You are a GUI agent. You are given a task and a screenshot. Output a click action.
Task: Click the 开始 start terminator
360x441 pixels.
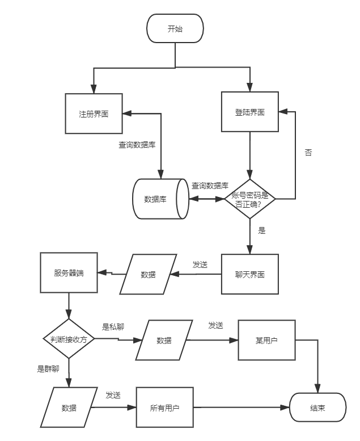coord(175,29)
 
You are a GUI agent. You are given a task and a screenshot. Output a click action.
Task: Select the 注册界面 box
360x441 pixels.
coord(94,114)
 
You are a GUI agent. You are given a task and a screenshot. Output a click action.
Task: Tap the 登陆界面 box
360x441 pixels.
coord(250,112)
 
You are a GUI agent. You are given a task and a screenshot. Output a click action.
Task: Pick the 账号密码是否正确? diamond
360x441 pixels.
coord(250,199)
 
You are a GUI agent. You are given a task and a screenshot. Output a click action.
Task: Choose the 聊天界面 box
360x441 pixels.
coord(250,275)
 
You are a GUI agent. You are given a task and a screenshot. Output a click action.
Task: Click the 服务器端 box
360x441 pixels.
coord(69,273)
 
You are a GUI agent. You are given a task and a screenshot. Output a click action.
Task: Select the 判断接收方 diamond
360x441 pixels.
coord(69,339)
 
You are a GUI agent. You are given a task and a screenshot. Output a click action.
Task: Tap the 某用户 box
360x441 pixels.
coord(266,341)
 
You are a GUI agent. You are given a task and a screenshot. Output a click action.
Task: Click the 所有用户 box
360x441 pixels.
coord(164,408)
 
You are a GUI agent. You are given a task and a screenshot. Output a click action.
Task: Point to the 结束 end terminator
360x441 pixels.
coord(317,408)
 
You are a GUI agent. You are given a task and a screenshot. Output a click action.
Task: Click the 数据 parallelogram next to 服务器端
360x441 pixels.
coord(147,275)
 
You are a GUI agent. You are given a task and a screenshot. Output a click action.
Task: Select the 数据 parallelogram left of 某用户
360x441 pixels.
coord(164,341)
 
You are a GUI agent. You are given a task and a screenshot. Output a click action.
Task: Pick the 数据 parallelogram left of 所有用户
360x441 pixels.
coord(69,408)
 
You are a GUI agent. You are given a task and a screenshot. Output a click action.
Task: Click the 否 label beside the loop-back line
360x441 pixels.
coord(308,153)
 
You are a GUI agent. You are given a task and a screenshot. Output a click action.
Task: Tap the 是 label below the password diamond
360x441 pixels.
coord(262,230)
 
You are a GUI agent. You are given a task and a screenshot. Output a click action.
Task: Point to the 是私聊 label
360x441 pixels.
coord(113,327)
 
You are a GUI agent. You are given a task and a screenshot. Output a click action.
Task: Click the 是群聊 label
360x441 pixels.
coord(49,369)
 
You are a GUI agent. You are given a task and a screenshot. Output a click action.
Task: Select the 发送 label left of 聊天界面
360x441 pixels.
coord(200,264)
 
